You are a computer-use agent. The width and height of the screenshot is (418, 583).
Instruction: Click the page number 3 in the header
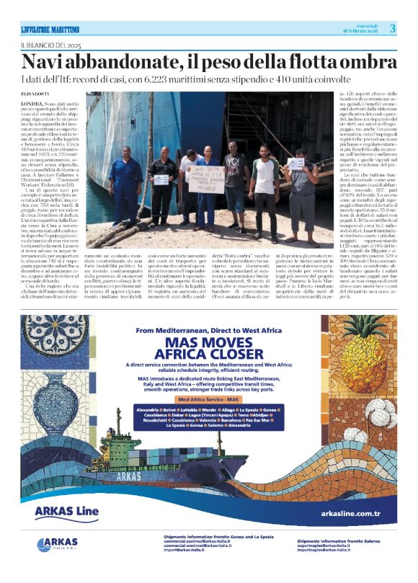pyautogui.click(x=393, y=28)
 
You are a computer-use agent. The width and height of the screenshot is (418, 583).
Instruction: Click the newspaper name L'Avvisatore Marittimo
pyautogui.click(x=50, y=29)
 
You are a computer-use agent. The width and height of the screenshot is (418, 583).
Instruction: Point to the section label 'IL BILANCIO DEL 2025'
pyautogui.click(x=50, y=45)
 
